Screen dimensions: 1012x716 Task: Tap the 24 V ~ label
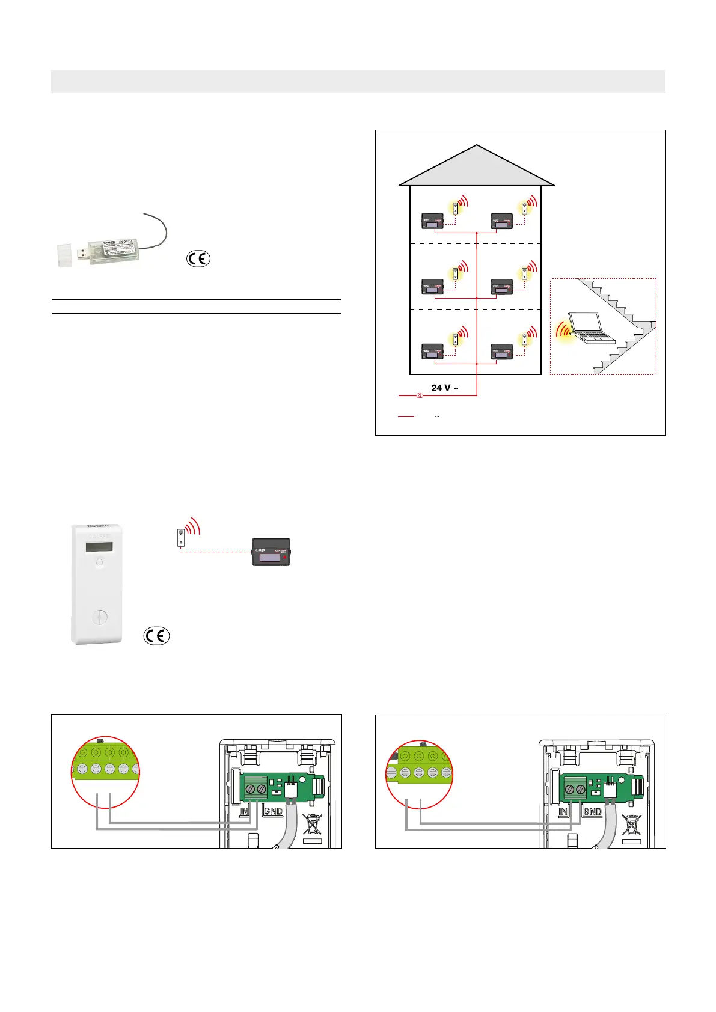tap(445, 388)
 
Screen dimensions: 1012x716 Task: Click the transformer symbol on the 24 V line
tap(420, 395)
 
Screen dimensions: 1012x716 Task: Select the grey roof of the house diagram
tap(476, 168)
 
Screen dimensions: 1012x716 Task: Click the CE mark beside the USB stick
tap(198, 259)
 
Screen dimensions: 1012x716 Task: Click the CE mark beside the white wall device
tap(156, 635)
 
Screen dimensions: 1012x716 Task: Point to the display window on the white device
tap(98, 547)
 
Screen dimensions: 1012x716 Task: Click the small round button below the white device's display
tap(99, 564)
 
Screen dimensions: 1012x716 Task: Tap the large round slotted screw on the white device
tap(99, 618)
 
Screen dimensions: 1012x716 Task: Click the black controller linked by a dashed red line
tap(271, 552)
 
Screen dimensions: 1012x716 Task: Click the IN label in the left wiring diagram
tap(244, 811)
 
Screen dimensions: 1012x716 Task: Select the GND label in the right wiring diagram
tap(592, 811)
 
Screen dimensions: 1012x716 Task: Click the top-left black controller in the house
tap(432, 221)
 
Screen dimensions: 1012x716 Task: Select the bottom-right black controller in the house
tap(502, 351)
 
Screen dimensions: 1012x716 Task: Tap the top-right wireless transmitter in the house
tap(525, 208)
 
